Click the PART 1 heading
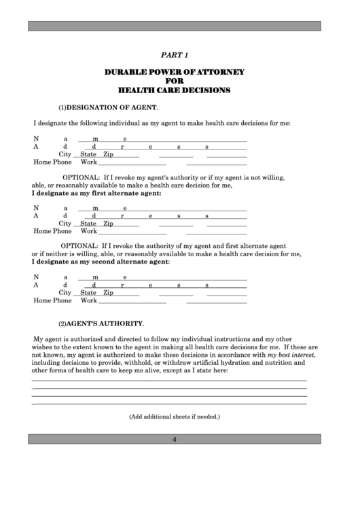(x=175, y=54)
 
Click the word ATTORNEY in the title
(x=221, y=71)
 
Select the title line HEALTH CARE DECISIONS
(x=175, y=90)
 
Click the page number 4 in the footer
(x=175, y=439)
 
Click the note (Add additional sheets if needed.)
(x=175, y=417)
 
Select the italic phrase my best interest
(x=291, y=355)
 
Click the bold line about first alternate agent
(x=97, y=193)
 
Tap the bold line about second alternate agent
(x=101, y=262)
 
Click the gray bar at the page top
(x=175, y=26)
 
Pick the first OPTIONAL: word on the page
(x=80, y=177)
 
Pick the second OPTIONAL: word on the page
(x=80, y=245)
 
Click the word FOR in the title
(x=175, y=81)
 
